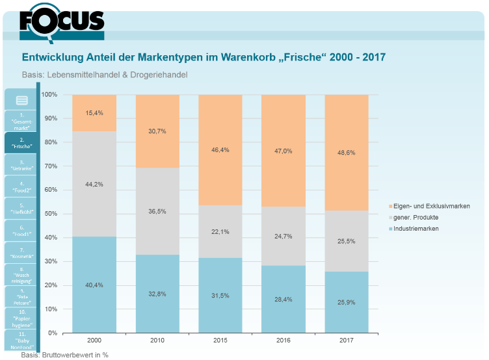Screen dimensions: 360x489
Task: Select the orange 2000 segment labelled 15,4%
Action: [x=94, y=113]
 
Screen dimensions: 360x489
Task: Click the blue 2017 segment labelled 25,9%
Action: [x=346, y=302]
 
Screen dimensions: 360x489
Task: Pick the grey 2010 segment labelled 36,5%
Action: [x=157, y=212]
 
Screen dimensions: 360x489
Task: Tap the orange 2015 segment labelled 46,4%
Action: [x=220, y=150]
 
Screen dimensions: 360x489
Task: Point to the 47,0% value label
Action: [x=284, y=151]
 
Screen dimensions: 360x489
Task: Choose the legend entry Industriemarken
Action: [x=416, y=229]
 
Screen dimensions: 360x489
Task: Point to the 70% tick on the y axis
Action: [x=49, y=166]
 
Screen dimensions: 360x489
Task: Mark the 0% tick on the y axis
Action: [x=52, y=333]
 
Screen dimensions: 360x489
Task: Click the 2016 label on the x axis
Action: [x=284, y=341]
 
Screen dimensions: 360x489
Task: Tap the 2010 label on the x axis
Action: [x=157, y=341]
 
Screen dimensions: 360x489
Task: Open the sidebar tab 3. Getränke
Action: [x=22, y=165]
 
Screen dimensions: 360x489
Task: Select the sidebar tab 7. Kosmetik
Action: [x=22, y=253]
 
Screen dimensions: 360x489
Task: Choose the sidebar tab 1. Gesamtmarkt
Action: [x=22, y=121]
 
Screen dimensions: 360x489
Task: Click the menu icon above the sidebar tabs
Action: [x=22, y=100]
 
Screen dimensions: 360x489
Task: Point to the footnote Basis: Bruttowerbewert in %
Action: [x=64, y=355]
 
